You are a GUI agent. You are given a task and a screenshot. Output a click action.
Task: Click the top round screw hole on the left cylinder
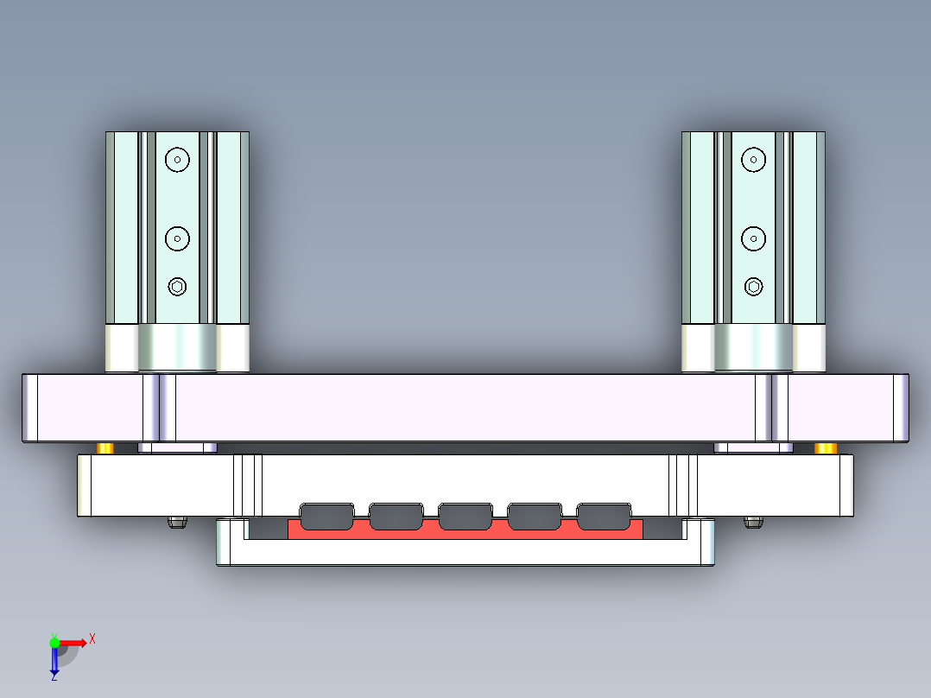click(x=178, y=159)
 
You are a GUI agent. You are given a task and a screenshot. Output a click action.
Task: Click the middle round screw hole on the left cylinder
click(x=178, y=238)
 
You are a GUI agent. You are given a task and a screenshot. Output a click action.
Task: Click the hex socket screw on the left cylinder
click(x=177, y=287)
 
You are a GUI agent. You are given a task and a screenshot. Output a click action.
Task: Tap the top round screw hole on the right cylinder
click(x=754, y=159)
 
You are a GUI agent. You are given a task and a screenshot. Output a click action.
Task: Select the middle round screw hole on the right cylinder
click(x=754, y=238)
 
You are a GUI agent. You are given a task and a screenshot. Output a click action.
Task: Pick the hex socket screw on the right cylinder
click(x=754, y=287)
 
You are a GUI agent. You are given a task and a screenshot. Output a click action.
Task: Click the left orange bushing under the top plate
click(x=105, y=447)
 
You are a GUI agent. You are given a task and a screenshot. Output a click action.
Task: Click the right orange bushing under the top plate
click(x=826, y=447)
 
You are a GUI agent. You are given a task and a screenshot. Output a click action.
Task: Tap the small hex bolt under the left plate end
click(x=177, y=523)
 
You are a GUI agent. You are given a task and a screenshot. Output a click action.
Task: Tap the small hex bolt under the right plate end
click(x=753, y=523)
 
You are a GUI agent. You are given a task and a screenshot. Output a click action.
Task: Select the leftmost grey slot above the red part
click(x=326, y=516)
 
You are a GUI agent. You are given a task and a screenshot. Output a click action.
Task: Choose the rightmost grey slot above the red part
click(x=604, y=516)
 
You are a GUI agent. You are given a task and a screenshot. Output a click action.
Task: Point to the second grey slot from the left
click(x=396, y=516)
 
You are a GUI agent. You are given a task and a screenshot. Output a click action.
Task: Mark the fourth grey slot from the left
click(x=535, y=516)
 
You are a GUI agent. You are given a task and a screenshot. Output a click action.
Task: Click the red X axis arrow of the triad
click(x=74, y=642)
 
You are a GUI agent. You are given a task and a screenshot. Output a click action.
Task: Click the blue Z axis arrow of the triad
click(x=54, y=661)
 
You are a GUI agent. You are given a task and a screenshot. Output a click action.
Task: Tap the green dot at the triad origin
click(x=54, y=642)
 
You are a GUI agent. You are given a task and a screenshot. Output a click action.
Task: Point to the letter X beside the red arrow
click(x=92, y=638)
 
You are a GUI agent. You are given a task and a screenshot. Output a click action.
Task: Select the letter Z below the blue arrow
click(x=54, y=678)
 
